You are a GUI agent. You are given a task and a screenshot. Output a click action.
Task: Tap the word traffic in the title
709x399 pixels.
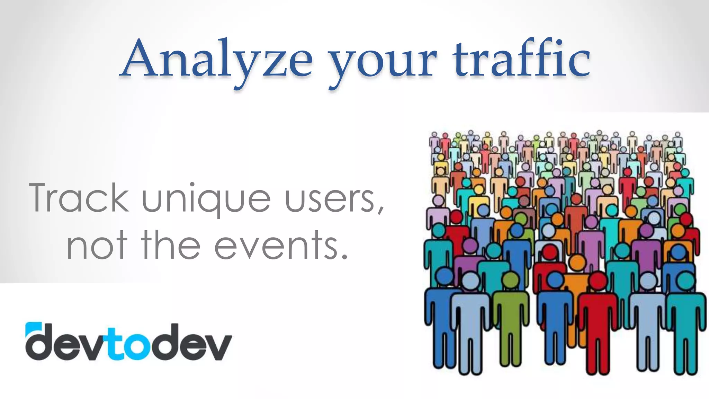coord(521,59)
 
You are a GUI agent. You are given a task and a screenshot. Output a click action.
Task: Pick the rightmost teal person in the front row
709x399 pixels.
coord(685,319)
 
